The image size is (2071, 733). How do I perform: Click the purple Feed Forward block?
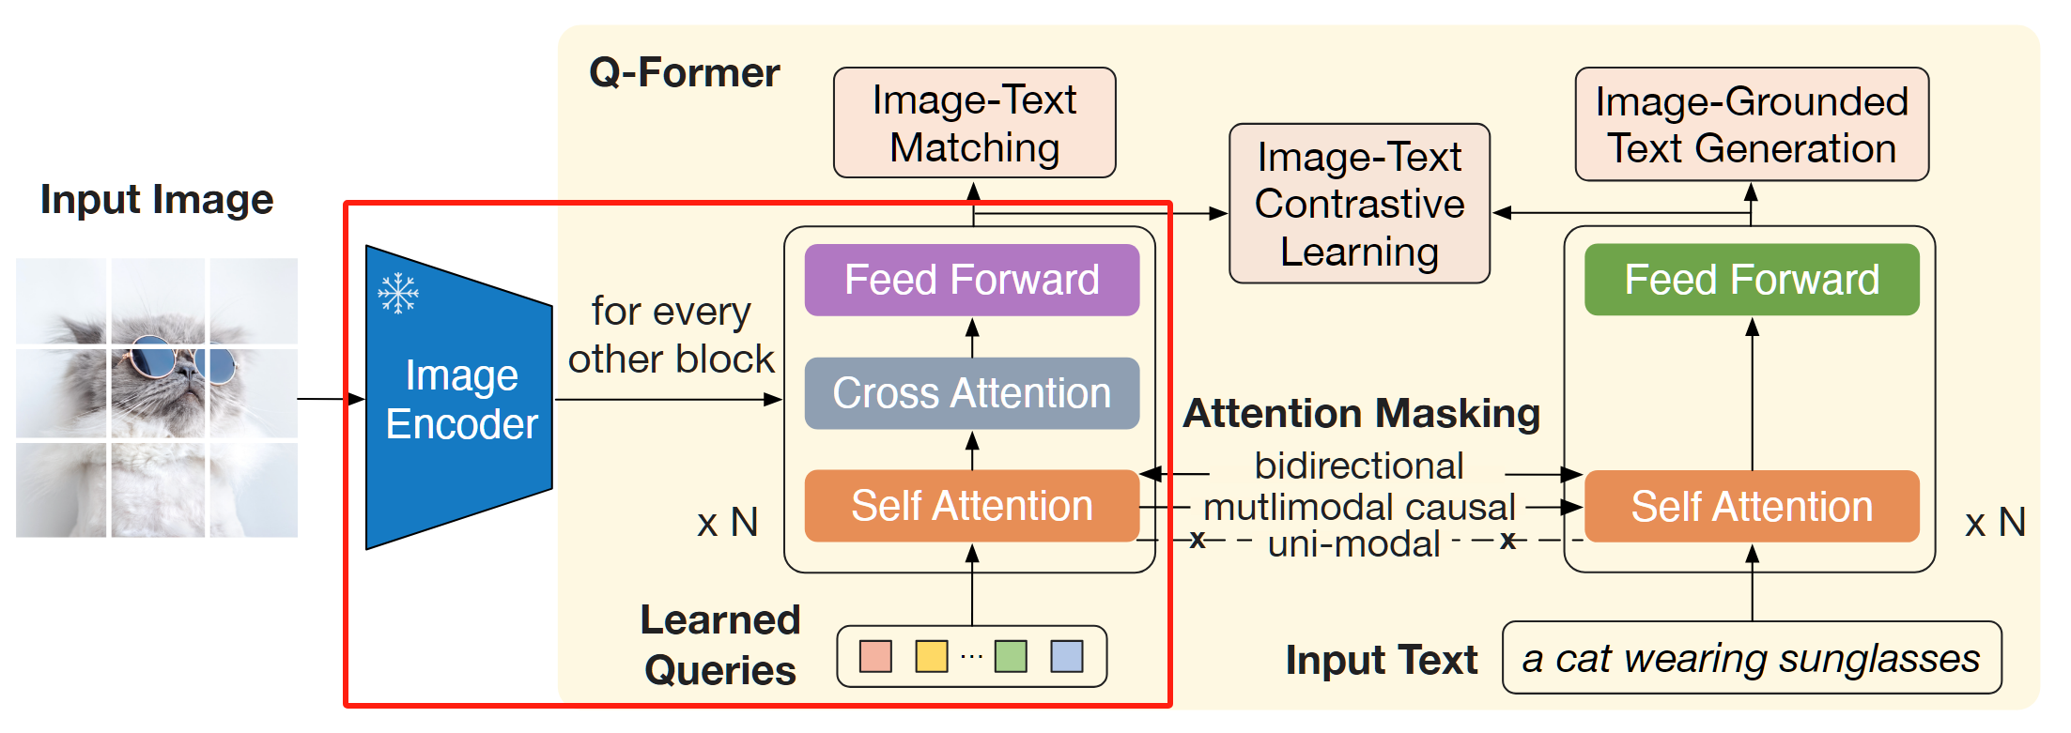pyautogui.click(x=972, y=280)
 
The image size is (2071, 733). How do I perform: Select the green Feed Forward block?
pyautogui.click(x=1752, y=280)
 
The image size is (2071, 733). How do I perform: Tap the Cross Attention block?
pyautogui.click(x=972, y=393)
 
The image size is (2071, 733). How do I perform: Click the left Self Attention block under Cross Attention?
pyautogui.click(x=972, y=506)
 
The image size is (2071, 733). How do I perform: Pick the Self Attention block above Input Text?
pyautogui.click(x=1752, y=506)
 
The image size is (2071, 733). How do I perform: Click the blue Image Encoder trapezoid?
pyautogui.click(x=459, y=397)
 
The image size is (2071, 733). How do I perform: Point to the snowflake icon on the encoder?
pyautogui.click(x=398, y=294)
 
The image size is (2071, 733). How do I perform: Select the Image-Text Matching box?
pyautogui.click(x=975, y=123)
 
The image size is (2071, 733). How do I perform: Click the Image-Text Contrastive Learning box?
pyautogui.click(x=1360, y=204)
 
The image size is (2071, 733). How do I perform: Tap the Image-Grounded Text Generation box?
pyautogui.click(x=1752, y=124)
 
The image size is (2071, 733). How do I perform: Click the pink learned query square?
pyautogui.click(x=875, y=656)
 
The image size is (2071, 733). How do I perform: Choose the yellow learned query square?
pyautogui.click(x=932, y=656)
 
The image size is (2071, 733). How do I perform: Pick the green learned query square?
pyautogui.click(x=1011, y=656)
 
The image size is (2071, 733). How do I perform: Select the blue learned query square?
pyautogui.click(x=1067, y=656)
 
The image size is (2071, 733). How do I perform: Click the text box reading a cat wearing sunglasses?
pyautogui.click(x=1752, y=658)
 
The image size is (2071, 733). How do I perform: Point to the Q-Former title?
pyautogui.click(x=685, y=73)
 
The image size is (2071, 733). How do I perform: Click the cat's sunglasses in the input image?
pyautogui.click(x=178, y=360)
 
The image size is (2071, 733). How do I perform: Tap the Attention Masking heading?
pyautogui.click(x=1362, y=414)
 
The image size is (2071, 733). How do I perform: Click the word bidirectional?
pyautogui.click(x=1359, y=466)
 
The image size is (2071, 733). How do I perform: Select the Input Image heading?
pyautogui.click(x=157, y=200)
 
